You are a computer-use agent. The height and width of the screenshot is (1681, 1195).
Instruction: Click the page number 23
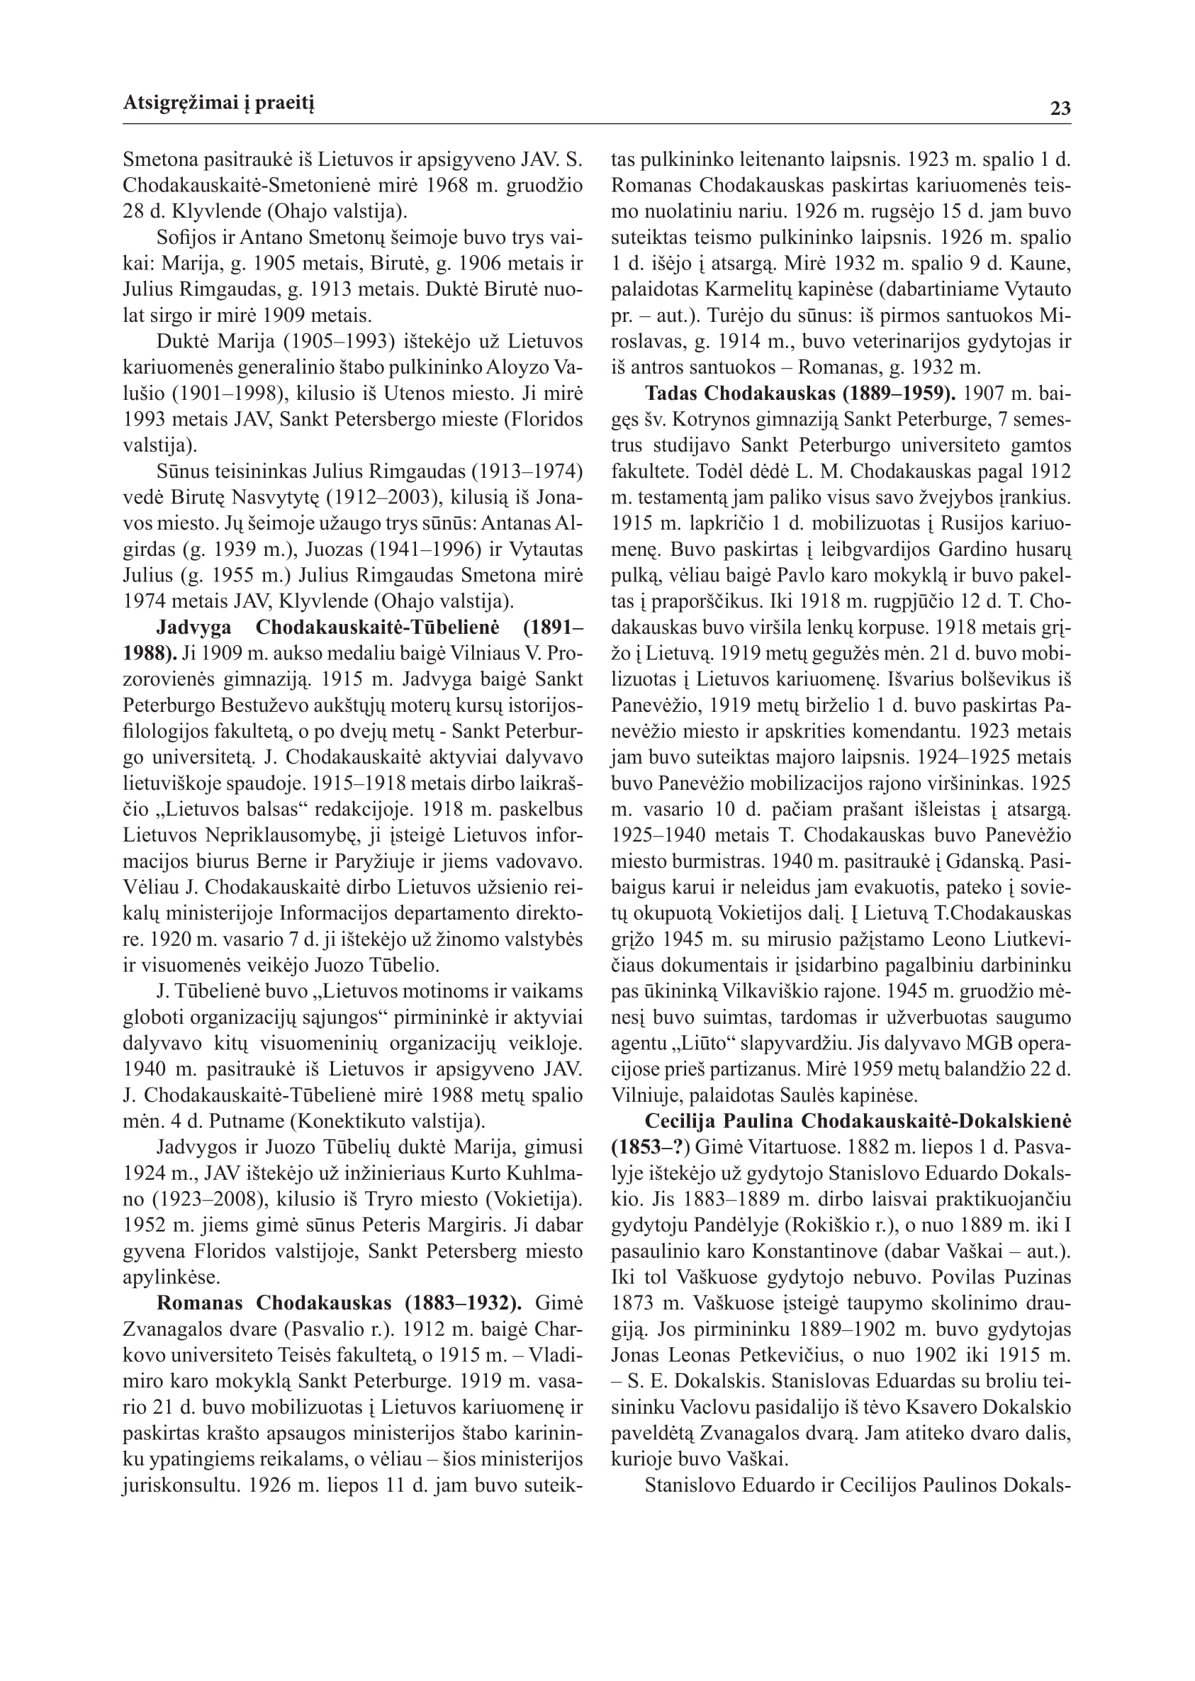[x=1060, y=109]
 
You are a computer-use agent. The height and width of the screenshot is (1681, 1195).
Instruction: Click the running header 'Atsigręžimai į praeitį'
[x=218, y=104]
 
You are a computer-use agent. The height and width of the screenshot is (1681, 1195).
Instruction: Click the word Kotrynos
[x=709, y=420]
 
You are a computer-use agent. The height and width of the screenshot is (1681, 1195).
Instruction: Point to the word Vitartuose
[x=797, y=1146]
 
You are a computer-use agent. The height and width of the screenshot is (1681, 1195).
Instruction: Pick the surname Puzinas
[x=1038, y=1277]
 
